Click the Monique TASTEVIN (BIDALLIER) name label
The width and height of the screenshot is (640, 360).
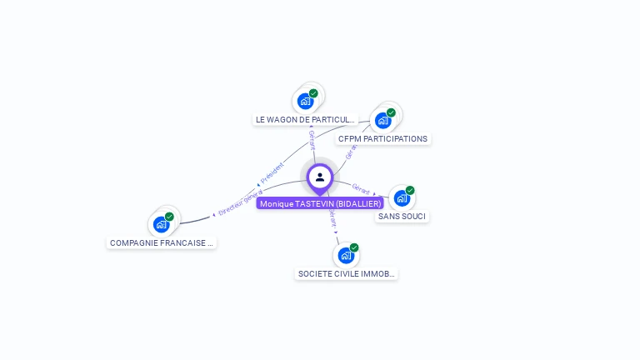[320, 203]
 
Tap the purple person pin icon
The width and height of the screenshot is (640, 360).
[320, 177]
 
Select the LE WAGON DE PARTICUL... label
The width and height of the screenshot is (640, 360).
[305, 119]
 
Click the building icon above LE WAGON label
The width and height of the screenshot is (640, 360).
[305, 101]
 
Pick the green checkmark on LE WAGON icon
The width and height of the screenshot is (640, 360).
[313, 93]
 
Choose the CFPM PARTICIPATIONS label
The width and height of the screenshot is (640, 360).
[383, 138]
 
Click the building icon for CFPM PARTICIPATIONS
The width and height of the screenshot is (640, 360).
[382, 120]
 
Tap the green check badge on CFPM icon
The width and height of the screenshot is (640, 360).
[391, 112]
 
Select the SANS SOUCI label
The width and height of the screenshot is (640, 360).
[402, 216]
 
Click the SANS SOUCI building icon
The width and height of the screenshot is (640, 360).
[402, 197]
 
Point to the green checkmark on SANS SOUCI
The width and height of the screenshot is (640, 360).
[410, 190]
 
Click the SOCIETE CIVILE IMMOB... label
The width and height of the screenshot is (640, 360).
[347, 273]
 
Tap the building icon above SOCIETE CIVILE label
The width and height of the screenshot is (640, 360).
[346, 255]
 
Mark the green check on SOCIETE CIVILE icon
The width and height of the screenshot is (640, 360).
[354, 247]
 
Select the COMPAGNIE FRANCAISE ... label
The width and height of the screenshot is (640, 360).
[162, 242]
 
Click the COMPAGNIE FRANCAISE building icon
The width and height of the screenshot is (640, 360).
[161, 224]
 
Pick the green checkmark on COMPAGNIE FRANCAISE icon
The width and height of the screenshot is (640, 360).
[169, 217]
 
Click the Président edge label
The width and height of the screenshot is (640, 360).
[272, 172]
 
